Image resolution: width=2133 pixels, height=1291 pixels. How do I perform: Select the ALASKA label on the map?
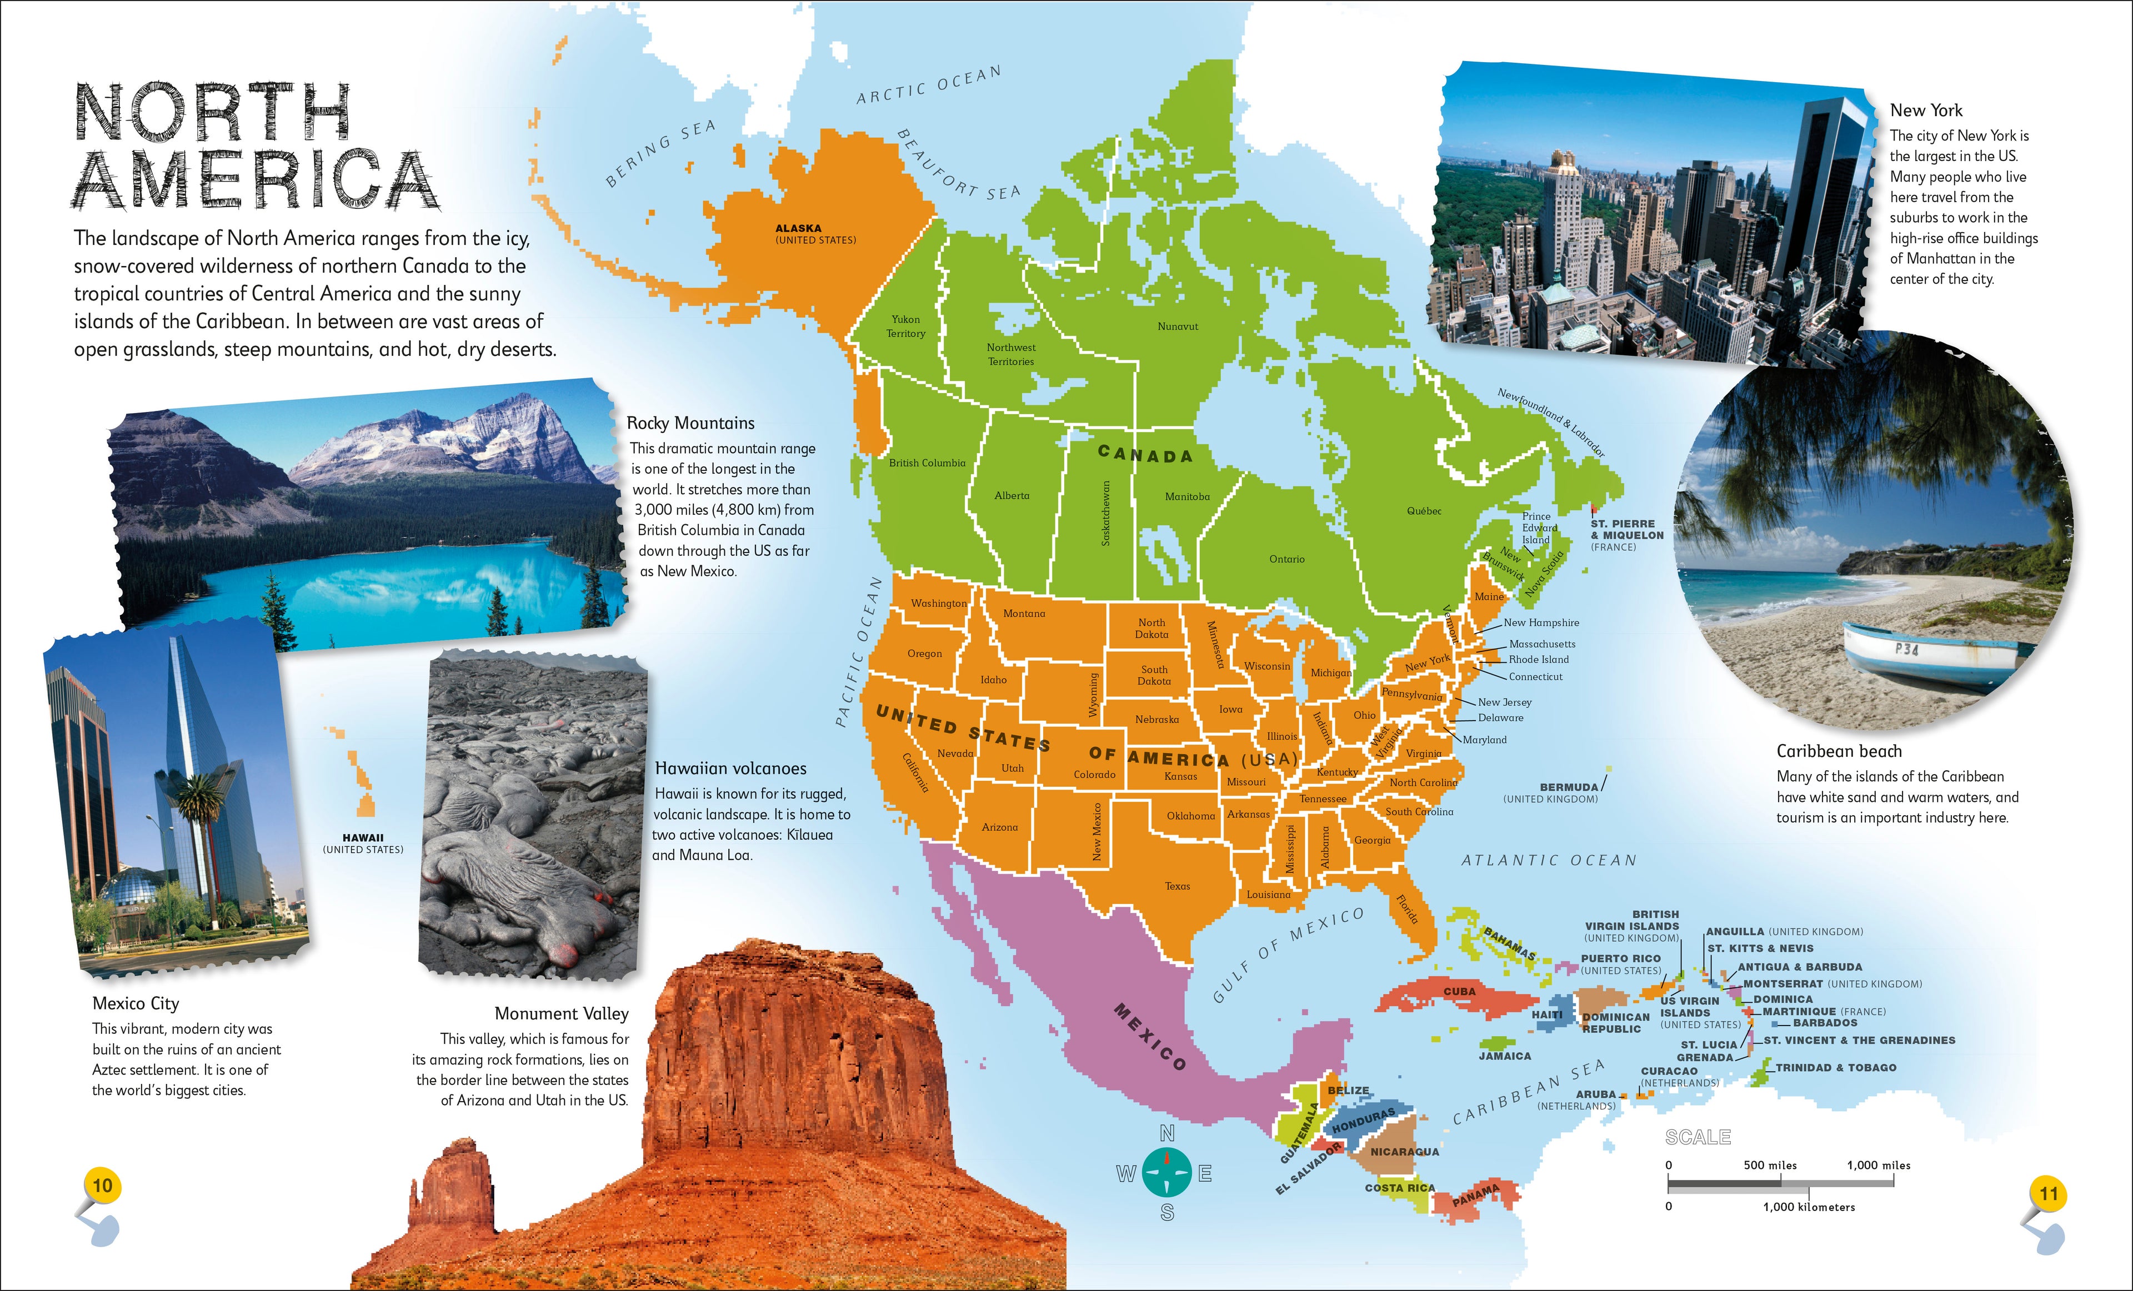click(x=798, y=228)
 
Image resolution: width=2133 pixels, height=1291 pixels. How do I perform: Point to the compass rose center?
click(x=1167, y=1173)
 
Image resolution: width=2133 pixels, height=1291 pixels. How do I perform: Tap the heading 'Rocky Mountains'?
click(x=690, y=423)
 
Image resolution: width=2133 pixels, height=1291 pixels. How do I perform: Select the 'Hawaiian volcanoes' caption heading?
click(x=730, y=768)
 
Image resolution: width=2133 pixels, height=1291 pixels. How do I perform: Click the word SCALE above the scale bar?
click(x=1698, y=1137)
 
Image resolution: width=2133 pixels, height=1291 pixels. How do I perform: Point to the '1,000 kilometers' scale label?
click(x=1809, y=1207)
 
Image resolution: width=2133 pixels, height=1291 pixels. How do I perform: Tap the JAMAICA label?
click(x=1505, y=1056)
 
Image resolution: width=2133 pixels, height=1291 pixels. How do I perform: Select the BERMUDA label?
click(x=1569, y=787)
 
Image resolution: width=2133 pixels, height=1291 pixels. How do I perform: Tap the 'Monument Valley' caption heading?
click(x=561, y=1013)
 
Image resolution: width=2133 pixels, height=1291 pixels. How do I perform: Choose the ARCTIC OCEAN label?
click(x=928, y=85)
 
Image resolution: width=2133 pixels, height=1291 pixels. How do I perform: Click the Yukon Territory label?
click(x=905, y=326)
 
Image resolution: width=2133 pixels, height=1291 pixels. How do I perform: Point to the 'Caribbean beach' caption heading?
click(x=1839, y=751)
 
